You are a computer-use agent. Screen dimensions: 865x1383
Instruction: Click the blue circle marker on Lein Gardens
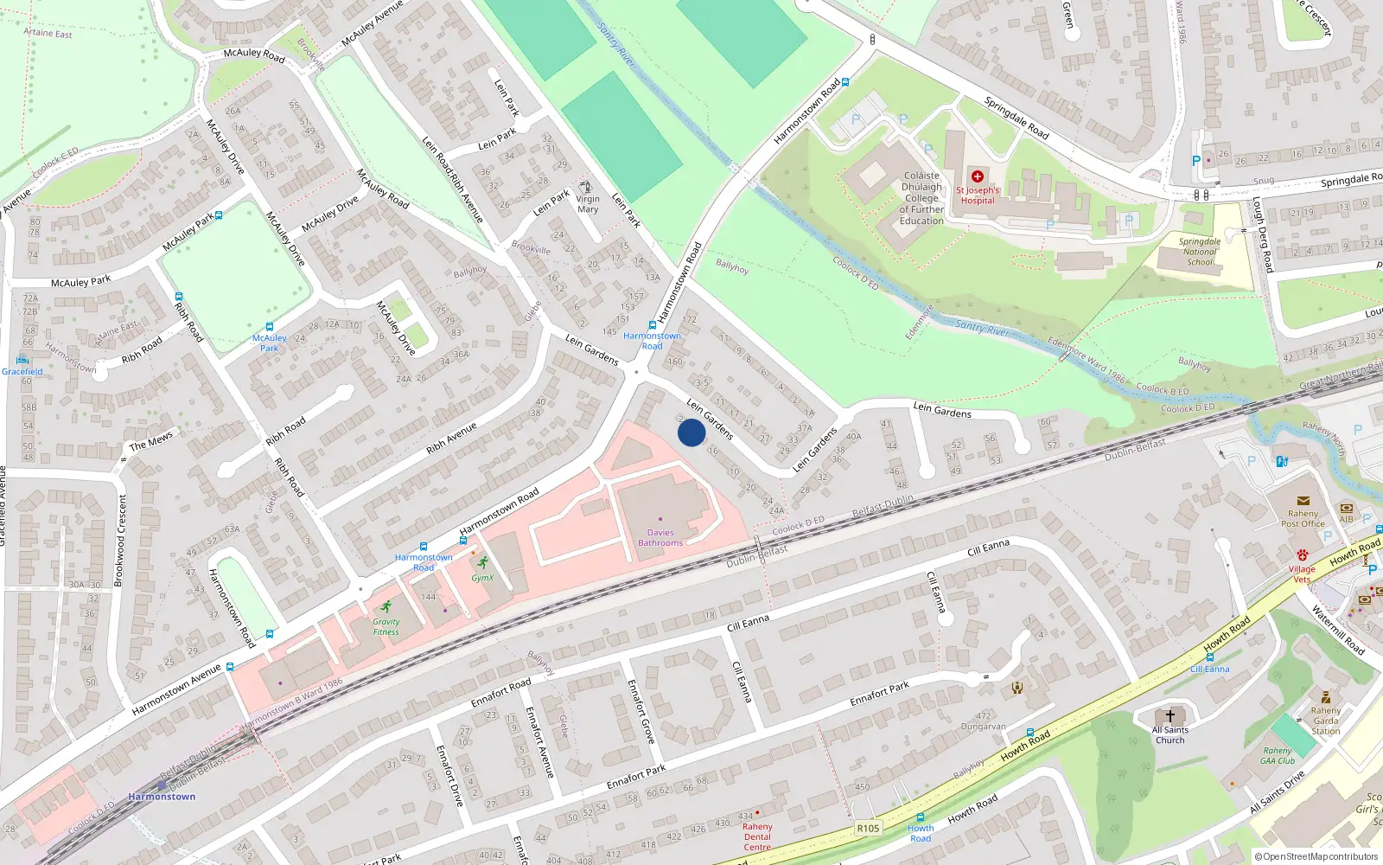[691, 432]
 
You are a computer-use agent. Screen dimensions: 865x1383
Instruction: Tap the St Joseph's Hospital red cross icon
[978, 176]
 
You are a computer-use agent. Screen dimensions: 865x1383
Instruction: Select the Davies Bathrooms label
[660, 538]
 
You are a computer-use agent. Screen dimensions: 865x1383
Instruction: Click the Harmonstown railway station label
[162, 797]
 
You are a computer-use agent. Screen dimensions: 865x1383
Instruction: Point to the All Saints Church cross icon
[1170, 716]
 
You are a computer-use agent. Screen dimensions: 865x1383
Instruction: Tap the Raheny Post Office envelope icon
[1303, 501]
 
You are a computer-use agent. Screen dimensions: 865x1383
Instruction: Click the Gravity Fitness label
[386, 626]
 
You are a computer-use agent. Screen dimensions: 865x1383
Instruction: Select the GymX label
[482, 578]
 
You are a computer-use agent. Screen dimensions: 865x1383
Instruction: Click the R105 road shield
[868, 828]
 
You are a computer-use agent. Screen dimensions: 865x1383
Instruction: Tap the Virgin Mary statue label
[588, 204]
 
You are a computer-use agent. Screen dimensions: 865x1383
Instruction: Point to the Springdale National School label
[1200, 252]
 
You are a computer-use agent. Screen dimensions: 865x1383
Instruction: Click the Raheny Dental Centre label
[757, 836]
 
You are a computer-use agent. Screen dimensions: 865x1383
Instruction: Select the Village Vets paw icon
[1303, 554]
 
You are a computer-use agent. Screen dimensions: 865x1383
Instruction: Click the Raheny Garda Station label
[1326, 721]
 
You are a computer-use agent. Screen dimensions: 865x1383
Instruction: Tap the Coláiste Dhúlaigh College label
[921, 198]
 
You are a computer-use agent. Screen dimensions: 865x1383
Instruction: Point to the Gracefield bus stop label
[22, 372]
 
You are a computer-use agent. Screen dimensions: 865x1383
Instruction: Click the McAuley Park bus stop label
[270, 343]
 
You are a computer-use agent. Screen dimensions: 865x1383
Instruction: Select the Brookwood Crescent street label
[122, 541]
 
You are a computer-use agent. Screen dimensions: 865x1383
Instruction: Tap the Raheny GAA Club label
[1278, 756]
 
